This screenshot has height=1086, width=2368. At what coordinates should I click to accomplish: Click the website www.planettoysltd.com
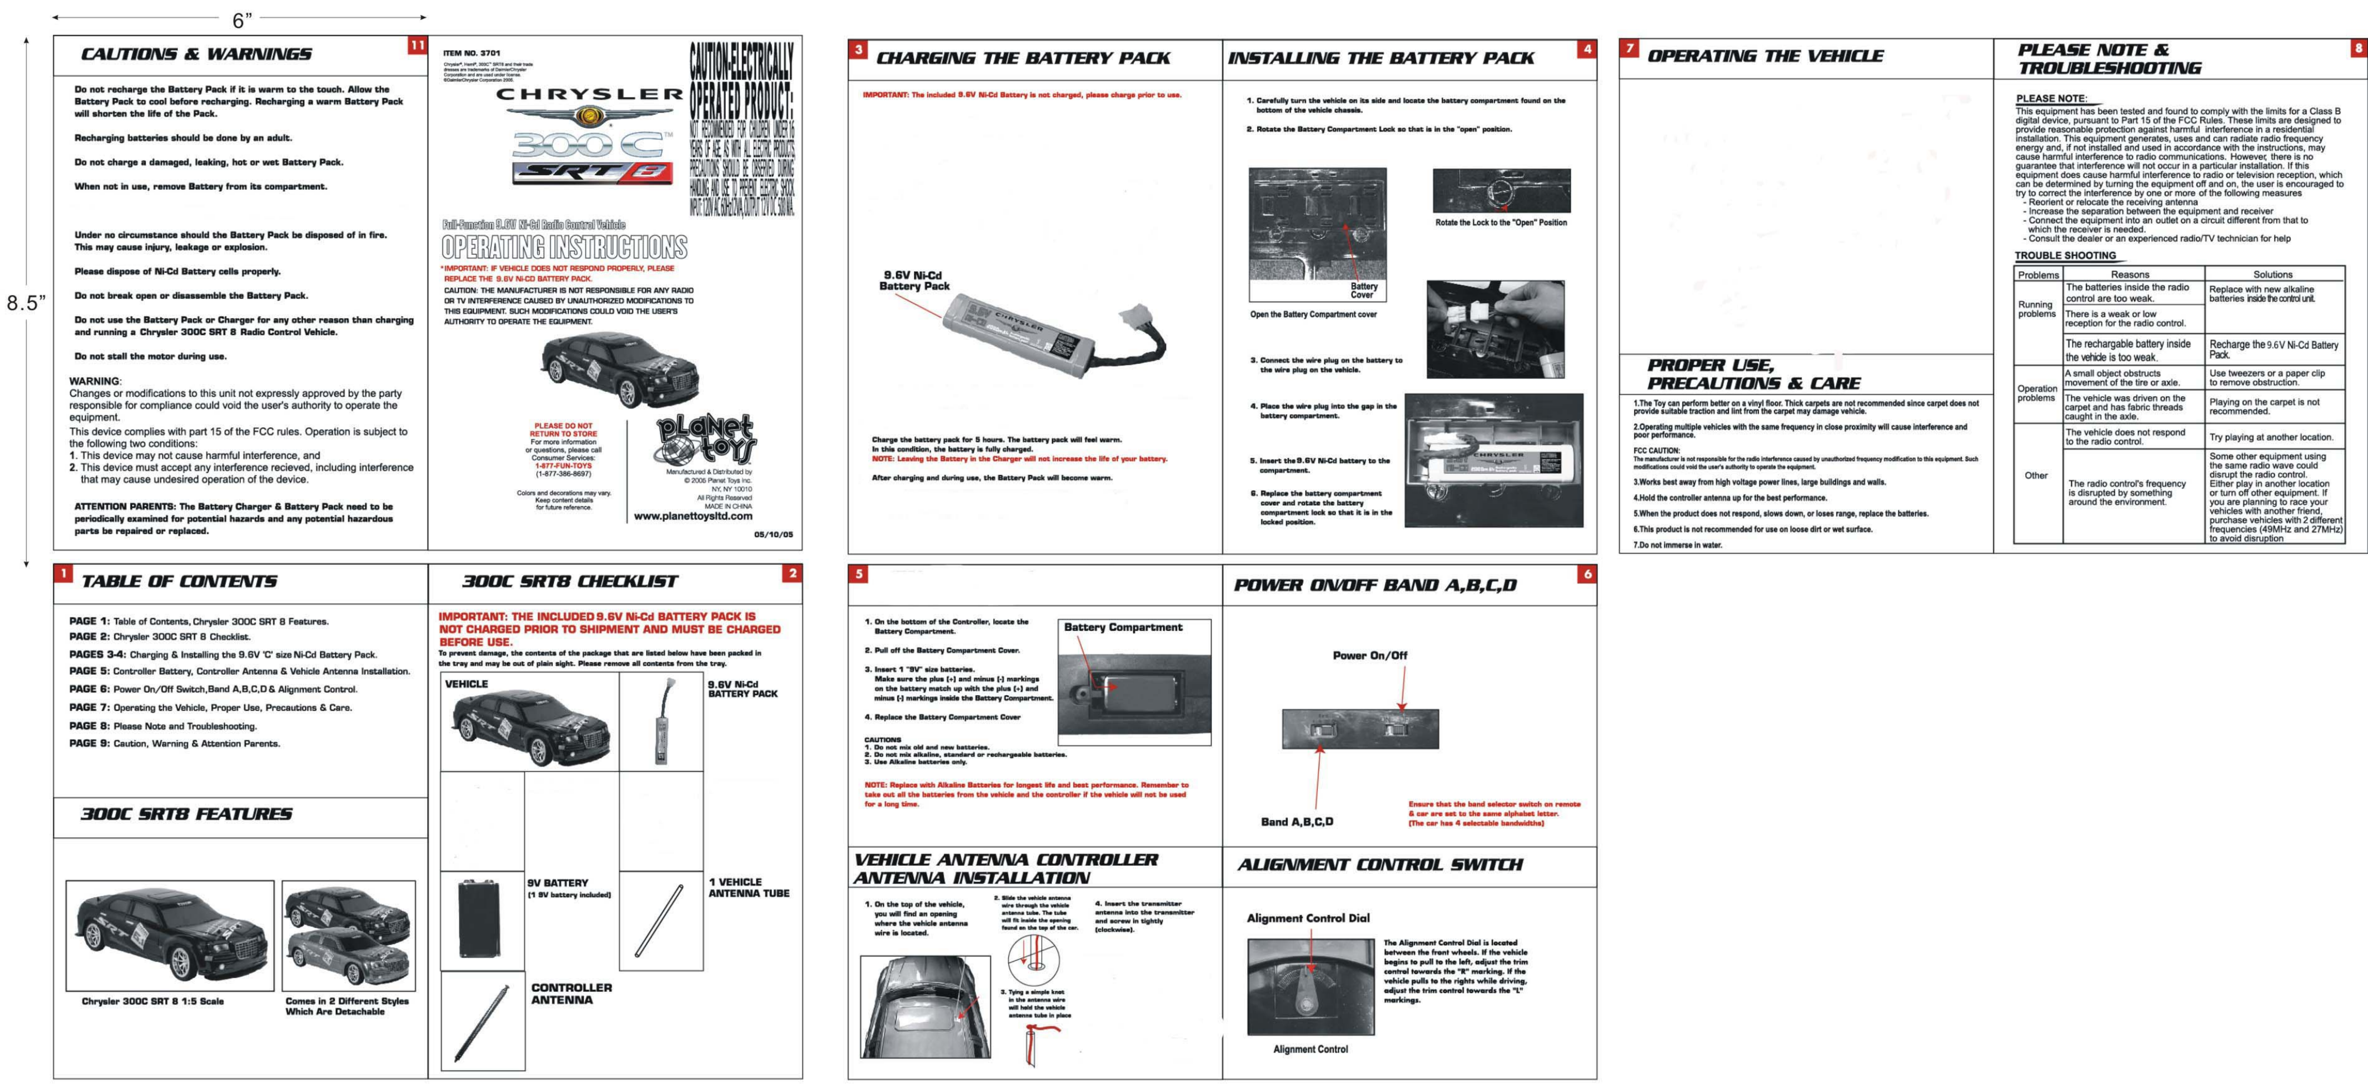693,516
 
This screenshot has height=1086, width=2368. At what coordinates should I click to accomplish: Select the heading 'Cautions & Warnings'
197,54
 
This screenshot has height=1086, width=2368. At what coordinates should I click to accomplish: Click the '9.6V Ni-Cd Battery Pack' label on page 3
913,280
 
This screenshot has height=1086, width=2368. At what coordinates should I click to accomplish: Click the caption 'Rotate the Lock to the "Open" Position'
1501,223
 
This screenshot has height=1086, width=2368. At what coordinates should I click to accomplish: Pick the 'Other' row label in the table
2036,475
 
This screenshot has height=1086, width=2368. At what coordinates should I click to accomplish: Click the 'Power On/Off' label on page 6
1370,656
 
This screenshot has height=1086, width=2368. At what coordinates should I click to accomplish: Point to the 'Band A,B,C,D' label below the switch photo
1297,821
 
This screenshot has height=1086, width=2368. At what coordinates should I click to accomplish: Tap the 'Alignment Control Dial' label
1307,918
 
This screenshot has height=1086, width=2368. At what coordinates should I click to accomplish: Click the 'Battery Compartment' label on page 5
1122,627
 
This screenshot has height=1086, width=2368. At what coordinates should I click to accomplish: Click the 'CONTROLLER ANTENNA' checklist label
571,993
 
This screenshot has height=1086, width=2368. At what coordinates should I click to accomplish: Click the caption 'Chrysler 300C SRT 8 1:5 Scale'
153,1001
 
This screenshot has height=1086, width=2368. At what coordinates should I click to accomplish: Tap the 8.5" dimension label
26,302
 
